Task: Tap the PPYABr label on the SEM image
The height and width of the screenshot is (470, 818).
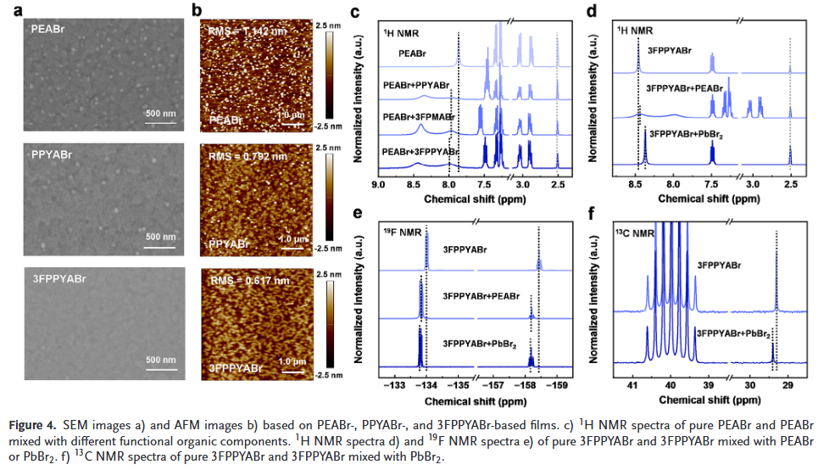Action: [50, 155]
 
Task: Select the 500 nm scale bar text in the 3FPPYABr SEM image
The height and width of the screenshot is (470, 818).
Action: [160, 360]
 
